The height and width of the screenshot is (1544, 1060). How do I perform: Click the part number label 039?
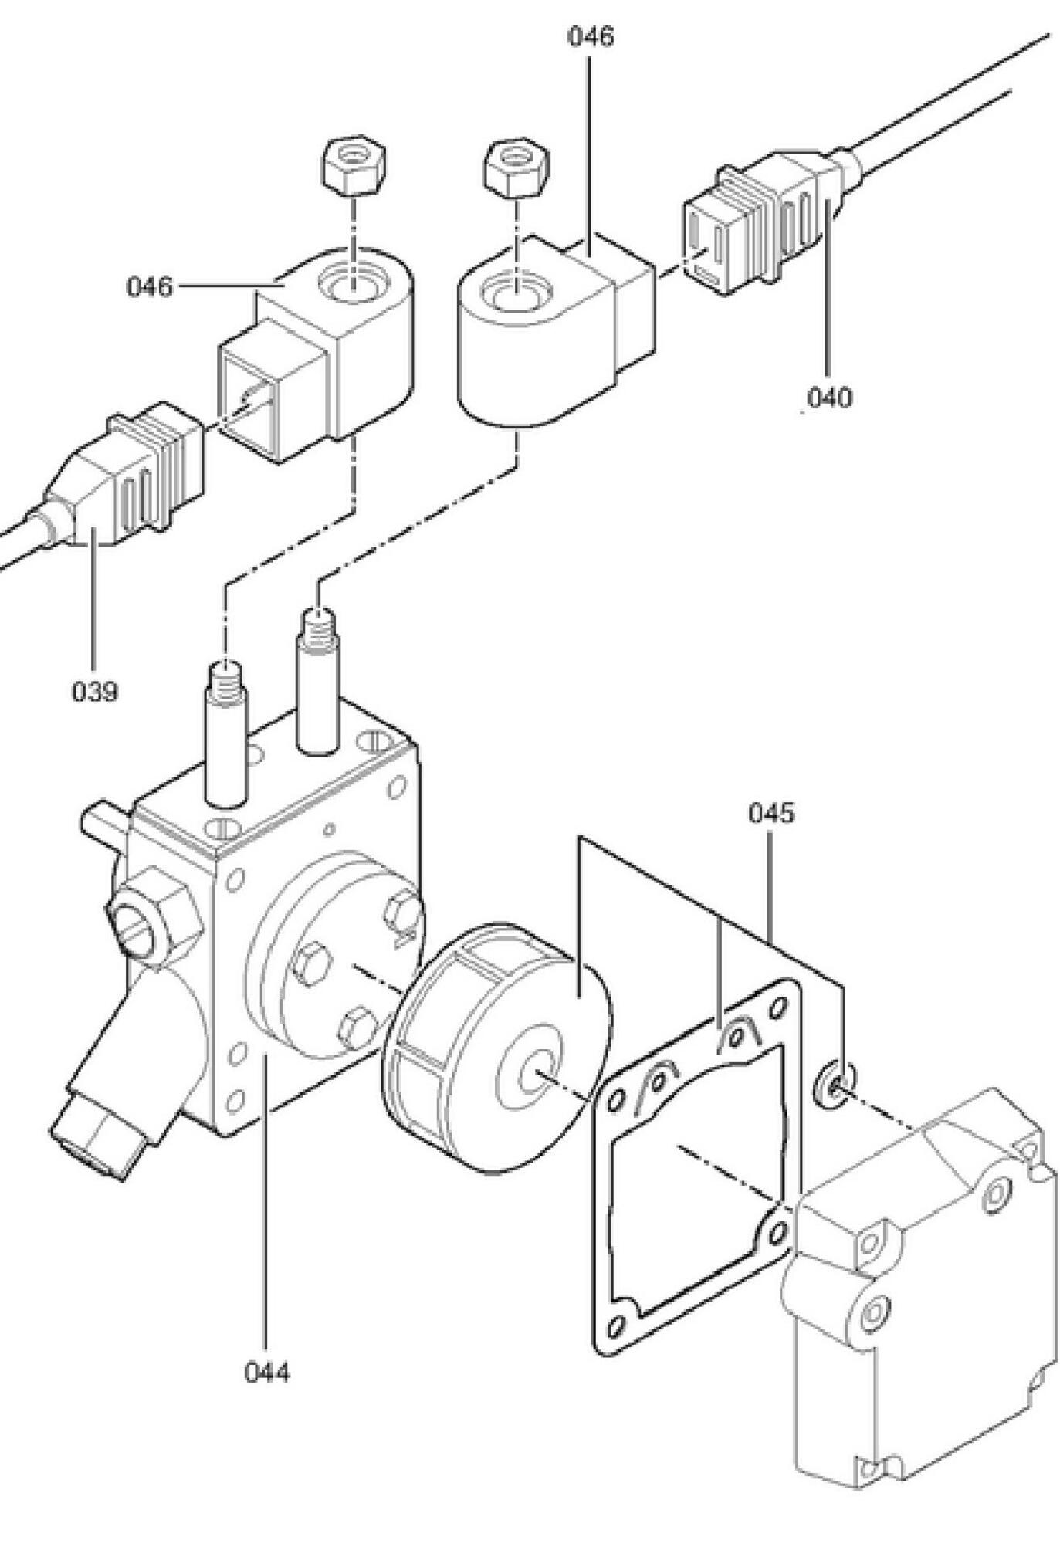(x=95, y=691)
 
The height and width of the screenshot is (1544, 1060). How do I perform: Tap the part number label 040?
(x=828, y=398)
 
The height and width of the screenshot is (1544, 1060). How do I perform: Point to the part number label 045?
(x=770, y=813)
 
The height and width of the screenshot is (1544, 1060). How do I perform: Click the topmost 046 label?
(x=591, y=36)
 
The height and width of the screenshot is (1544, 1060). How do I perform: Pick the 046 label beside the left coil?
(x=150, y=287)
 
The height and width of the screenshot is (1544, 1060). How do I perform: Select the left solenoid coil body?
(x=317, y=355)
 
